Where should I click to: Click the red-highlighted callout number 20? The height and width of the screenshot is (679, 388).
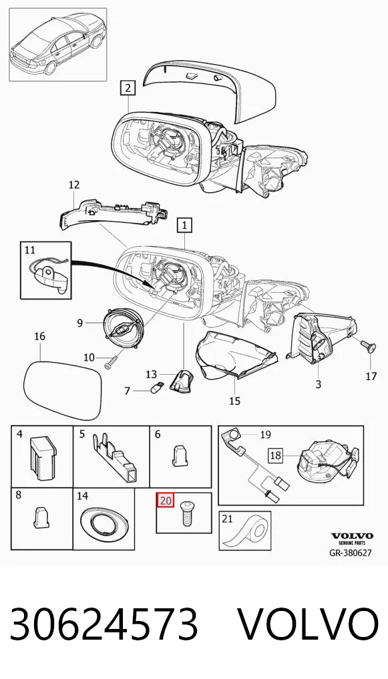166,502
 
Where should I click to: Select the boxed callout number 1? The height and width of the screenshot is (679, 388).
185,225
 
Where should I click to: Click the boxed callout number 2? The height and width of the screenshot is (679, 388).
128,89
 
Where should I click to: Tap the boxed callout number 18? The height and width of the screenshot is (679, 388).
276,455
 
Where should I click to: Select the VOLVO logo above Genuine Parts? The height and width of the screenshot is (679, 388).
352,536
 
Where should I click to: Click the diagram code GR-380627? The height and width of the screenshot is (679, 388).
351,553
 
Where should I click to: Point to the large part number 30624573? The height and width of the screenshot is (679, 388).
104,624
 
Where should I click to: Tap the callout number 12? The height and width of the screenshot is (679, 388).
74,185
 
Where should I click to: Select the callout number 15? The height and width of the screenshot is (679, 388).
234,401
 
